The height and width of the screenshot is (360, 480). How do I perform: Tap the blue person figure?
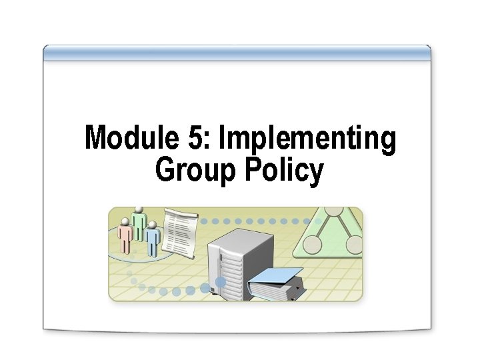tap(153, 239)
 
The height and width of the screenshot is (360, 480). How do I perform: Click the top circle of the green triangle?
tap(333, 212)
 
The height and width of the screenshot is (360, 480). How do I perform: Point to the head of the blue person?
tap(153, 226)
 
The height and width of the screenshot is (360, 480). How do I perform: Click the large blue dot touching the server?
tap(220, 282)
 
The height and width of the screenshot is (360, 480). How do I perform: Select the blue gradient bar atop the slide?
tap(237, 53)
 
